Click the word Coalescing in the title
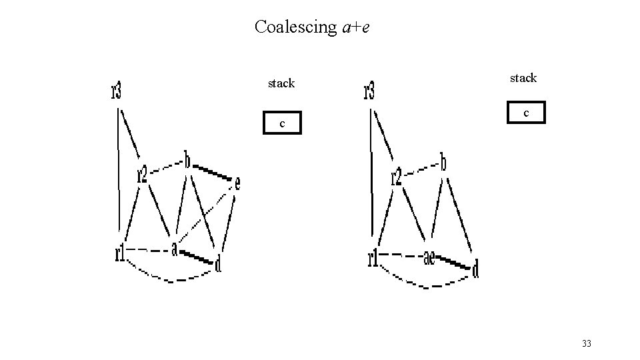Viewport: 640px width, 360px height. click(296, 27)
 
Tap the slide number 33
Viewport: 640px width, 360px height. click(587, 343)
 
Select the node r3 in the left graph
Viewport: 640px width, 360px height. click(117, 90)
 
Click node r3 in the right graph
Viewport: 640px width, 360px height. click(369, 91)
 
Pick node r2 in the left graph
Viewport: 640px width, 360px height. click(142, 174)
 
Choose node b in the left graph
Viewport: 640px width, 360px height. click(188, 161)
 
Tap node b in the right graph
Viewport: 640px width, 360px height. click(443, 161)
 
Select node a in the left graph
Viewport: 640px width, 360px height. click(174, 249)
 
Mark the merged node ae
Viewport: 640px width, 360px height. click(430, 257)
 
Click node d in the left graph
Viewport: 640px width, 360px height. click(218, 265)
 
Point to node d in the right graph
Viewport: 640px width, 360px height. click(475, 269)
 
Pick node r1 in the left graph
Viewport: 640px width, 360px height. click(120, 253)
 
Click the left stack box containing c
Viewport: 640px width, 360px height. click(281, 123)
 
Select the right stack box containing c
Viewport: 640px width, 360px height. click(526, 113)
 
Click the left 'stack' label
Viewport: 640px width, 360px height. click(281, 83)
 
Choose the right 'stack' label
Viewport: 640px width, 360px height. click(523, 78)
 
